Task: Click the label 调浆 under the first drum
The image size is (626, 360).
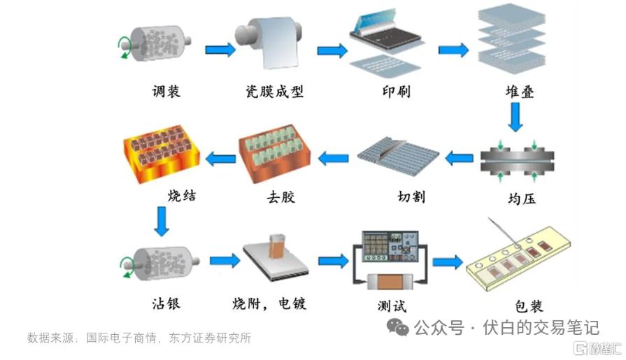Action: pos(166,92)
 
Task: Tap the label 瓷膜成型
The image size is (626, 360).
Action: pos(274,92)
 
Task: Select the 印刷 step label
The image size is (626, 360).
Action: pos(396,92)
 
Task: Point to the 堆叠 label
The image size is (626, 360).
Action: pos(520,92)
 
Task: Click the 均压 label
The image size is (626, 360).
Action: pos(522,199)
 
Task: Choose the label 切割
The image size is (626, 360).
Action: pos(411,196)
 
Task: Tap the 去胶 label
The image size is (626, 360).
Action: pos(280,196)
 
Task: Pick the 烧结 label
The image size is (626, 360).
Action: pos(182,195)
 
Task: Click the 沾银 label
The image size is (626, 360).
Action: pos(166,303)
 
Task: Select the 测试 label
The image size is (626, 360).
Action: pos(392,306)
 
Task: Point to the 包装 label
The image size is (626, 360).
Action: pos(529,306)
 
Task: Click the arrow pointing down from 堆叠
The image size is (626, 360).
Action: pos(515,117)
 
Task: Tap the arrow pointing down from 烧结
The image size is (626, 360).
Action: pos(162,222)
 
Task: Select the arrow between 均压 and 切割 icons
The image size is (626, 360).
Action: pos(460,159)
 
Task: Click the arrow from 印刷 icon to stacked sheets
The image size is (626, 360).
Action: pos(453,50)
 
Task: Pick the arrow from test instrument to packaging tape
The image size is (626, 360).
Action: pos(448,262)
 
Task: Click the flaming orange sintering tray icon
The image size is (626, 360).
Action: pos(162,154)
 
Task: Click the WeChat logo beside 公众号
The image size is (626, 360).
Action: pos(398,327)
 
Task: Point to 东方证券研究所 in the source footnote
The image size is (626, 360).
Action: pos(210,338)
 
